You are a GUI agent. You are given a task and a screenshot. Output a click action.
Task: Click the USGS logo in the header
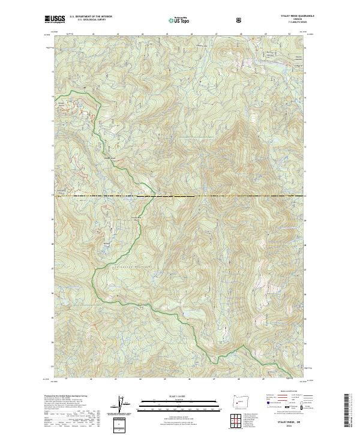point(55,19)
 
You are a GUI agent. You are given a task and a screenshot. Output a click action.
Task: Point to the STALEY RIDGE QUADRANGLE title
point(298,17)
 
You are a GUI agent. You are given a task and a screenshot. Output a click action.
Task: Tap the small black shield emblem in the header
point(239,20)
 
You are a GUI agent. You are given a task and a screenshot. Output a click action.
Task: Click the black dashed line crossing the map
point(180,196)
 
